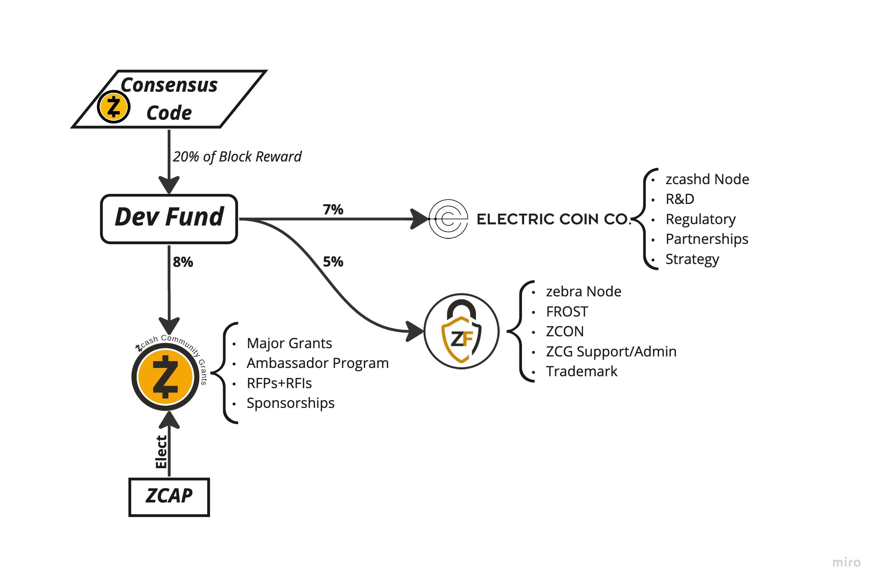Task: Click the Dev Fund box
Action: pos(168,218)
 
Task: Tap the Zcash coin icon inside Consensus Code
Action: pos(113,107)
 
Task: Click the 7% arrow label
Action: pos(332,209)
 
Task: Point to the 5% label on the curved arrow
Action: pos(332,261)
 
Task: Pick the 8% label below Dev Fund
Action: pos(182,262)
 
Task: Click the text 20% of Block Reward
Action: pos(237,156)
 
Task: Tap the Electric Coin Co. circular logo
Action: pos(448,219)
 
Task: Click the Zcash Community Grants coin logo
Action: pos(165,376)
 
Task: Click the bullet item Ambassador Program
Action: pos(317,363)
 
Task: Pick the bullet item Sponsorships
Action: pos(290,402)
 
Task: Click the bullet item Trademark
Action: pos(581,370)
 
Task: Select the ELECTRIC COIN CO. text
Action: pos(553,219)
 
